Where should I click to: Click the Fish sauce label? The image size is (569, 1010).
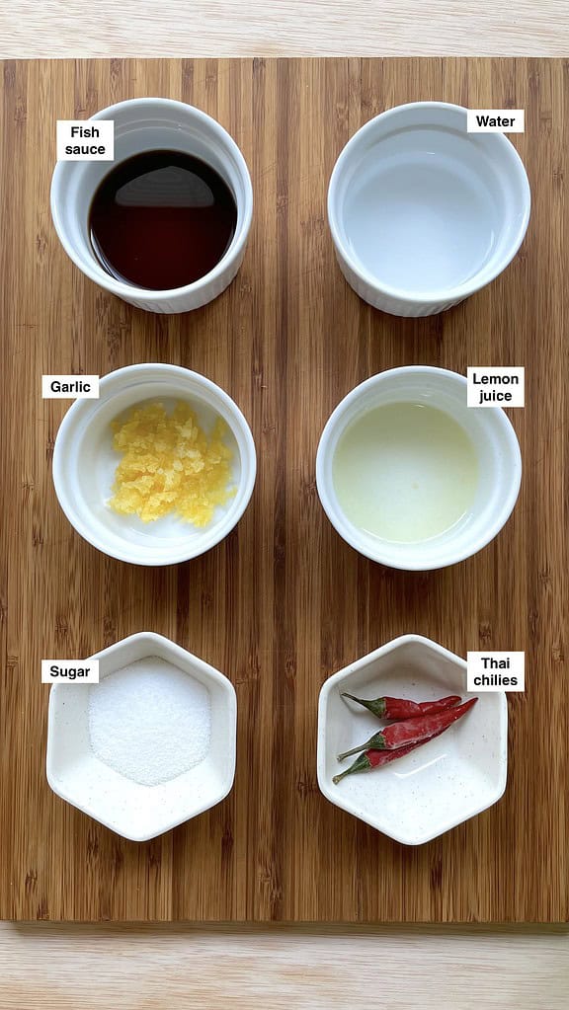click(x=85, y=140)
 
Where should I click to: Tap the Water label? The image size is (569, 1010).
click(x=495, y=121)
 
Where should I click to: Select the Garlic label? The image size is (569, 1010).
click(x=70, y=387)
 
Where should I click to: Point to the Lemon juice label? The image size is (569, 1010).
click(x=495, y=387)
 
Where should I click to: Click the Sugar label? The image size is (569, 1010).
click(x=70, y=671)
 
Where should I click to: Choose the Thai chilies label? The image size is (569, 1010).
click(x=495, y=671)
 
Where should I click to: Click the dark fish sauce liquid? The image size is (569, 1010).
click(x=162, y=232)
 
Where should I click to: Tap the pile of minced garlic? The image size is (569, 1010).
click(x=170, y=462)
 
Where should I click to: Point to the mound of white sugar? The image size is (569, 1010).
click(x=149, y=720)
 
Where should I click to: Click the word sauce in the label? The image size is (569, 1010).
click(x=85, y=150)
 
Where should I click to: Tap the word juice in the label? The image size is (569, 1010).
click(x=495, y=397)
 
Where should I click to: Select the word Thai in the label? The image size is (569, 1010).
click(x=495, y=662)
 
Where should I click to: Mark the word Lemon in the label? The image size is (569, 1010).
click(x=495, y=378)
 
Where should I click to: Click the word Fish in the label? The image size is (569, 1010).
click(x=85, y=131)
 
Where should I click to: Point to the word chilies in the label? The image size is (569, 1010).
click(x=495, y=681)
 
